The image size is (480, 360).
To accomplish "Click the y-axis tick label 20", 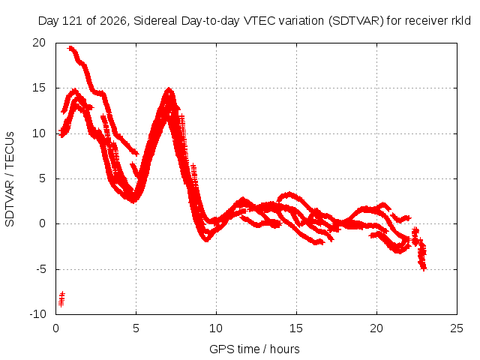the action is (x=39, y=43).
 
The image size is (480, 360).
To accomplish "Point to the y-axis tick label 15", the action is (x=39, y=88).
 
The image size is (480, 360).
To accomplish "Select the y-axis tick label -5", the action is (x=41, y=269).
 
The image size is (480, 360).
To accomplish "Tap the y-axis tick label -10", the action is (x=38, y=314).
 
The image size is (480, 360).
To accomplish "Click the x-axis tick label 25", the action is (x=457, y=328).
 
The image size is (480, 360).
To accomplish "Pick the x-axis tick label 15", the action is (x=296, y=328).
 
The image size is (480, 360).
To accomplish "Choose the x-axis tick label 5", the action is (x=136, y=328).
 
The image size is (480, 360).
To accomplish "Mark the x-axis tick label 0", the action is (x=55, y=328).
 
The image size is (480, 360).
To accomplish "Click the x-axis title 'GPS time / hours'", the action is (x=254, y=349).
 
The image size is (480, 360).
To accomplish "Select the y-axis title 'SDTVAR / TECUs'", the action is (x=10, y=179).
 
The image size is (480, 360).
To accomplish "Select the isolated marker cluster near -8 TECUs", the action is (x=61, y=299).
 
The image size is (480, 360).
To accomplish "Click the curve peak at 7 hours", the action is (x=169, y=89).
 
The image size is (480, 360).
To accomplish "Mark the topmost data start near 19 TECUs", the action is (x=71, y=48).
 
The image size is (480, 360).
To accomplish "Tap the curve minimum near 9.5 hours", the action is (x=207, y=240).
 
